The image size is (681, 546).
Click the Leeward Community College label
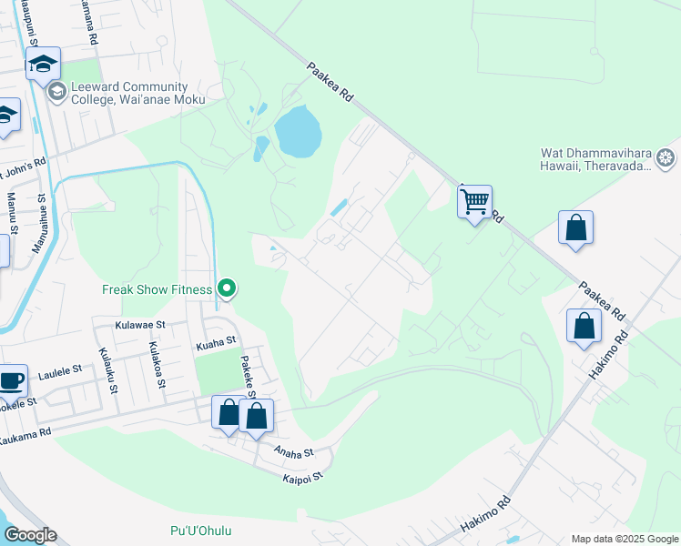130,93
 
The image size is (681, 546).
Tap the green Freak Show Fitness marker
228,289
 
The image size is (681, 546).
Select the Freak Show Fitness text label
156,290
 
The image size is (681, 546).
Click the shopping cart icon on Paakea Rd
474,201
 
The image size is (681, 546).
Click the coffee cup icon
11,380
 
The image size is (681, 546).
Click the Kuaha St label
216,344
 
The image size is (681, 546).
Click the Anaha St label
293,451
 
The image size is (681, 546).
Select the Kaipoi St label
302,477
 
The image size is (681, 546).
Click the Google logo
29,535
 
